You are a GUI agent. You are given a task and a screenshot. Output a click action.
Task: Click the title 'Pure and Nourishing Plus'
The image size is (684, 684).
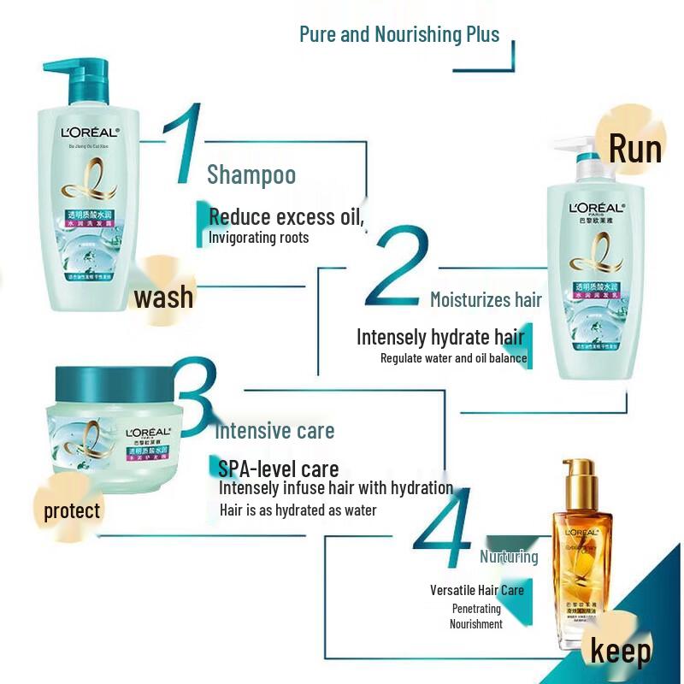coord(398,34)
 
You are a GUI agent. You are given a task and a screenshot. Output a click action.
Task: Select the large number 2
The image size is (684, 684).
coord(398,267)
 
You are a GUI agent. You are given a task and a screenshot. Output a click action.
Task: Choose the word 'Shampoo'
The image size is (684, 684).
coord(251,175)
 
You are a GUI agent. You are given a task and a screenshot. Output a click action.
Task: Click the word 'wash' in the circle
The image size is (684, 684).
coord(163,298)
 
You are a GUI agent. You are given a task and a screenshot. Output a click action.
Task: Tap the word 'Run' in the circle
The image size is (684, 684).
coord(634,149)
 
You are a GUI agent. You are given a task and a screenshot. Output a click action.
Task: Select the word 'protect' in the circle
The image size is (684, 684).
coord(72,511)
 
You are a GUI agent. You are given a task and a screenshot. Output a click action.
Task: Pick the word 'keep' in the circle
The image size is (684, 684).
coord(621,651)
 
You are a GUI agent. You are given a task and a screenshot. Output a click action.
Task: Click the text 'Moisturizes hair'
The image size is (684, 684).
coord(486,300)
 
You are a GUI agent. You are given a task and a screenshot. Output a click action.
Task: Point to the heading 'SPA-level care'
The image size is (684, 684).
coord(278,469)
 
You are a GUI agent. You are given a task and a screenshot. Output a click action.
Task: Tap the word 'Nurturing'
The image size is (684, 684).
coord(509,557)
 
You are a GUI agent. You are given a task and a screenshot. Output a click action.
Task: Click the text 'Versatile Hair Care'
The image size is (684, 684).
coord(477,590)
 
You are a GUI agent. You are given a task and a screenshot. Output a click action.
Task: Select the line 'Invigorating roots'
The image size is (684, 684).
coord(259,238)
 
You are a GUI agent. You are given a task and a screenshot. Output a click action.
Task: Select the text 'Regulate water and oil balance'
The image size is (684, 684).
coord(453,358)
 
